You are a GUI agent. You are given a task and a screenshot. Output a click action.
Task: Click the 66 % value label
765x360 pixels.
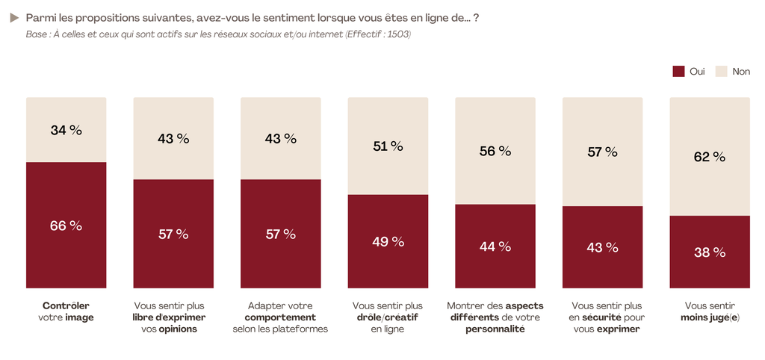coord(66,226)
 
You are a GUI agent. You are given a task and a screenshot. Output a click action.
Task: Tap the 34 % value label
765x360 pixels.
coord(66,130)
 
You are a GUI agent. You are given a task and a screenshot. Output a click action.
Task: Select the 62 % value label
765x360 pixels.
coord(709,157)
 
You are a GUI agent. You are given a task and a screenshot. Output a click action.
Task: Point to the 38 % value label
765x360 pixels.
coord(709,252)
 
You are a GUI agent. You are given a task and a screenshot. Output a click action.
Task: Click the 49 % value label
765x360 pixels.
coord(388,241)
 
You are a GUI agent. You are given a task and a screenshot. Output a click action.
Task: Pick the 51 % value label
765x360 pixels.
coord(388,146)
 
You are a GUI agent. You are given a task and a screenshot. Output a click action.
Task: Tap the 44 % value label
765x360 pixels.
coord(495,246)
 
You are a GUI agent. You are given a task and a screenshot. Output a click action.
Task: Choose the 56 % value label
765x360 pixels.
coord(495,151)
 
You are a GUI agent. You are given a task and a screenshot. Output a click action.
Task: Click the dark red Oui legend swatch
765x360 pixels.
coord(678,72)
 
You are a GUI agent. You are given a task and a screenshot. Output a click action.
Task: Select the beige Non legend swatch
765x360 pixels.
coord(722,72)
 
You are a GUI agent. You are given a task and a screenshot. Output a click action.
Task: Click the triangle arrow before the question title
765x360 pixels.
coord(14,17)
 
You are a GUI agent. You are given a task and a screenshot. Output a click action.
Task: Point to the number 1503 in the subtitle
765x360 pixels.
coord(396,34)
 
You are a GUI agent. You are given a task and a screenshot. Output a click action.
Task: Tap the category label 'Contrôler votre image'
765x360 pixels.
coord(66,311)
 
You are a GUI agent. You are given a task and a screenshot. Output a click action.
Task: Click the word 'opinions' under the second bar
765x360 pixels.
coord(177,329)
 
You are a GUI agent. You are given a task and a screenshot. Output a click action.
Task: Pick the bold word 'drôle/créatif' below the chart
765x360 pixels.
coord(387,317)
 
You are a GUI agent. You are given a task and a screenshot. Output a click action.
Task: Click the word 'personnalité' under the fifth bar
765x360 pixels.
coord(495,329)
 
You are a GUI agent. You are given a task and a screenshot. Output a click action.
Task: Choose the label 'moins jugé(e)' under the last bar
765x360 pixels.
coord(709,317)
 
